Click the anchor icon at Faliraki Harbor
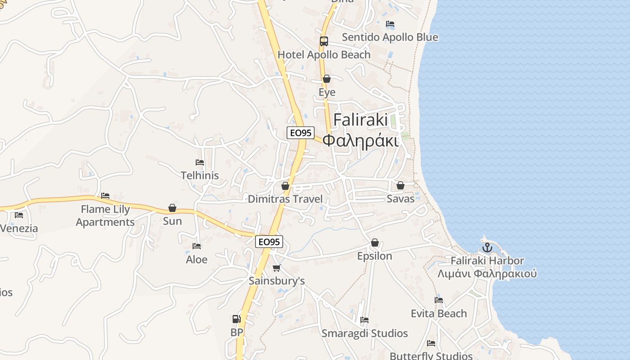point(487,247)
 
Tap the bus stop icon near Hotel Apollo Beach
point(324,41)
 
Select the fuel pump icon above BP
point(236,319)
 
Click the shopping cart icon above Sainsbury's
point(276,268)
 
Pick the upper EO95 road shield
point(301,133)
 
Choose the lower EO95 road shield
point(269,242)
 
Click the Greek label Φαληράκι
point(361,141)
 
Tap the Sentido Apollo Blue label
point(390,37)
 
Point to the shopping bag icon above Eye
point(327,79)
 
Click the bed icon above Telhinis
point(200,162)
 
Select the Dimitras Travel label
point(285,199)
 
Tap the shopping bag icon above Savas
point(400,185)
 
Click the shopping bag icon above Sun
point(172,208)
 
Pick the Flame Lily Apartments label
point(105,216)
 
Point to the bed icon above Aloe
point(197,246)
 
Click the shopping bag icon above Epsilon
point(374,243)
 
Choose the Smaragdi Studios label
point(364,333)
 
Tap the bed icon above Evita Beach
point(439,300)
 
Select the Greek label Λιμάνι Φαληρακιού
point(487,274)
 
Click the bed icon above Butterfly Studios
point(431,343)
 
